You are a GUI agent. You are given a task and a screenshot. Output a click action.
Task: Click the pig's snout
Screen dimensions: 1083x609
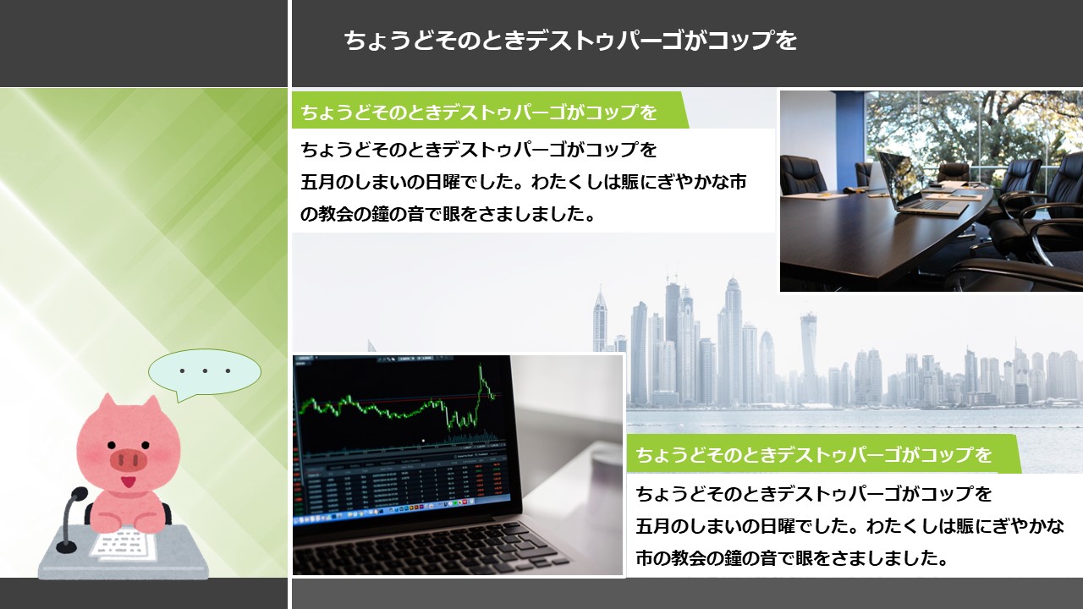pos(128,460)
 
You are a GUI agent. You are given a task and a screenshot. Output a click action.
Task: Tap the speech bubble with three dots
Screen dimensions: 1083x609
pos(205,373)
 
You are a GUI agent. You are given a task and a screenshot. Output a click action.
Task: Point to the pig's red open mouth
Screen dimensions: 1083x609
pos(128,482)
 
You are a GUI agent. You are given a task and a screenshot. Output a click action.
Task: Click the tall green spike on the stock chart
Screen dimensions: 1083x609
pos(482,381)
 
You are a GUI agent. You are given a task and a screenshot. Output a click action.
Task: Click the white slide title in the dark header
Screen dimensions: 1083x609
pos(570,40)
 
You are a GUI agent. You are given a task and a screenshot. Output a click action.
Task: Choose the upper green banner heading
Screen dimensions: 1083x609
pos(479,112)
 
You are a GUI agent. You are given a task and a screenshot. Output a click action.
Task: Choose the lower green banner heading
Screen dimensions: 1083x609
pos(814,454)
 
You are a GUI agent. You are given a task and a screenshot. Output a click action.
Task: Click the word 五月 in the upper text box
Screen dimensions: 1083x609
pos(318,182)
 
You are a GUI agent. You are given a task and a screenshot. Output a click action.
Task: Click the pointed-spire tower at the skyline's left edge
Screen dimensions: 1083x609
pos(600,319)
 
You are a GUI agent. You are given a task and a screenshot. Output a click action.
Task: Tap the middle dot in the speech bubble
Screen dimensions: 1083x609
pos(205,371)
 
